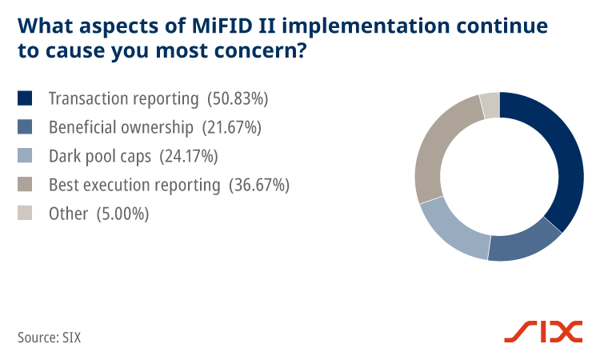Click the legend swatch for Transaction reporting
(x=26, y=98)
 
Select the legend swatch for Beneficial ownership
(x=26, y=127)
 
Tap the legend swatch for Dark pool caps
(x=26, y=156)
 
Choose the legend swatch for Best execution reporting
(x=26, y=185)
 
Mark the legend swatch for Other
(x=26, y=214)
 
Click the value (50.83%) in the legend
(x=238, y=99)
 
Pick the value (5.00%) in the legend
(x=122, y=214)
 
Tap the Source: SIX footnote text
(x=49, y=337)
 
